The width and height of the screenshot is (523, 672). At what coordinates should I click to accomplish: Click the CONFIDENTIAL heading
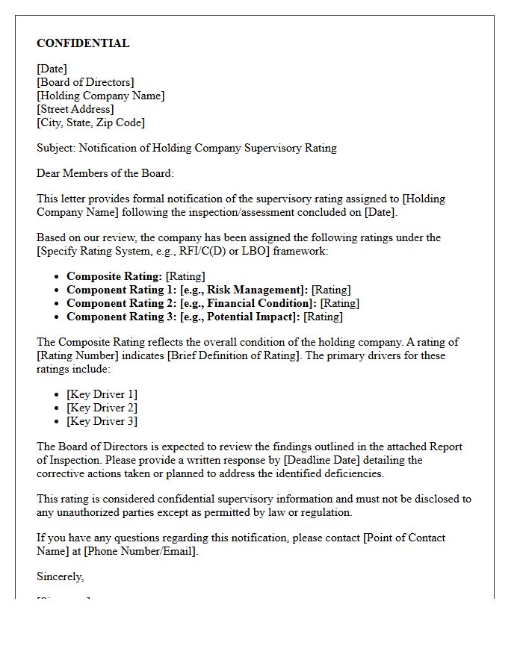pyautogui.click(x=83, y=43)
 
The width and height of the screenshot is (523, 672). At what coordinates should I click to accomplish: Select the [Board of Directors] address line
pyautogui.click(x=85, y=82)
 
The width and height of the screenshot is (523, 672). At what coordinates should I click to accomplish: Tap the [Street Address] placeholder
pyautogui.click(x=75, y=109)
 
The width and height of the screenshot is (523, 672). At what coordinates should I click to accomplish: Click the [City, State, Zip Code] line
pyautogui.click(x=90, y=122)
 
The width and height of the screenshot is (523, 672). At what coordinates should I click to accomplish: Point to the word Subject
pyautogui.click(x=55, y=148)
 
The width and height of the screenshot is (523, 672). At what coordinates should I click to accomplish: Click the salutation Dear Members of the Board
pyautogui.click(x=105, y=173)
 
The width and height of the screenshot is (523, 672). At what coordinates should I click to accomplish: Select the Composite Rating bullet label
pyautogui.click(x=114, y=276)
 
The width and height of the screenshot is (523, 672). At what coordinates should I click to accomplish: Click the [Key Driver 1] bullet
pyautogui.click(x=102, y=394)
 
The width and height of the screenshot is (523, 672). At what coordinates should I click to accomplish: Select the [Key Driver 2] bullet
pyautogui.click(x=102, y=408)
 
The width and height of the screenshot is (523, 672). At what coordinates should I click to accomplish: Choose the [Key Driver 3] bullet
pyautogui.click(x=102, y=421)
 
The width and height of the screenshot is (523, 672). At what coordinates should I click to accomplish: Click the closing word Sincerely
pyautogui.click(x=60, y=576)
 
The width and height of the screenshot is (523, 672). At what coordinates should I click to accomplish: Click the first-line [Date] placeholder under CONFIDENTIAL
pyautogui.click(x=52, y=69)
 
